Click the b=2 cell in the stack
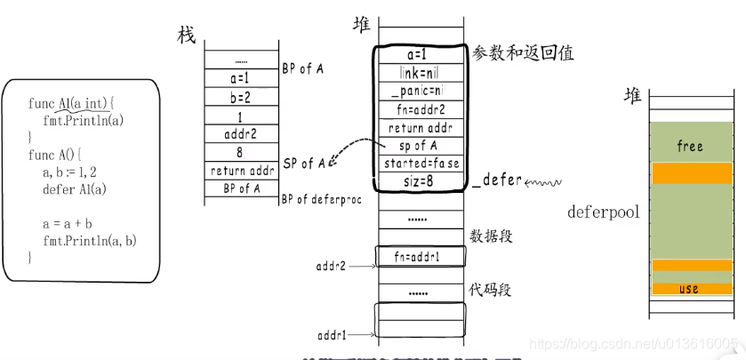tap(241, 97)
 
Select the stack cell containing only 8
tap(241, 152)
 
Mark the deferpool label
tap(603, 212)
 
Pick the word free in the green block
tap(689, 146)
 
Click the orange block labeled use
tap(689, 289)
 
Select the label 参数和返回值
tap(524, 53)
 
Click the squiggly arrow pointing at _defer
tap(543, 183)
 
